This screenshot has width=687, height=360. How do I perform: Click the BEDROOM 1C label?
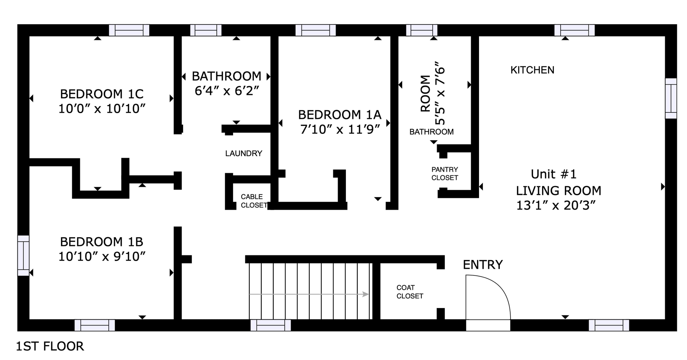click(102, 94)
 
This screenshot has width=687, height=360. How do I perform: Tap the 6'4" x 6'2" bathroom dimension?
click(227, 91)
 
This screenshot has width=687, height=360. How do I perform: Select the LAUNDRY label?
click(244, 153)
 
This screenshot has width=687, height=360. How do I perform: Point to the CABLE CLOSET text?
click(254, 201)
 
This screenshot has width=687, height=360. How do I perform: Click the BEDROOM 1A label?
click(339, 115)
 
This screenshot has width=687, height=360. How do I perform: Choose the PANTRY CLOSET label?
click(444, 173)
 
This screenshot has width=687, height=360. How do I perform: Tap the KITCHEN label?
click(532, 70)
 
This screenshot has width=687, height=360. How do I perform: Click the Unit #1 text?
click(553, 174)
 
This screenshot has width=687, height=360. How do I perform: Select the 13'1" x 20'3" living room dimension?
click(556, 205)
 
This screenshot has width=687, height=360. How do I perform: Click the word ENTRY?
click(483, 265)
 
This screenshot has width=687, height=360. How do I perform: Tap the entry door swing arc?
click(488, 297)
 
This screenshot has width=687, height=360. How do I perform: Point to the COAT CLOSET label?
click(410, 292)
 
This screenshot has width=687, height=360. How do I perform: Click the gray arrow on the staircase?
click(309, 294)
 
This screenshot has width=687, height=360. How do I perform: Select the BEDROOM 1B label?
click(102, 242)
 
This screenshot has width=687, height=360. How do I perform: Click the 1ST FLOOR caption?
click(50, 346)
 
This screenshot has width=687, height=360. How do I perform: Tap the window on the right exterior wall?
click(671, 98)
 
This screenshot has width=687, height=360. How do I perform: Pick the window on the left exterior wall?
click(23, 256)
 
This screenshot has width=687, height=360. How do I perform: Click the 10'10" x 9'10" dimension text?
click(102, 257)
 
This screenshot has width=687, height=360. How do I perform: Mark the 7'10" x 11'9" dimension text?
click(340, 130)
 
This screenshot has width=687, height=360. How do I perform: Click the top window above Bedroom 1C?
click(129, 30)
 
